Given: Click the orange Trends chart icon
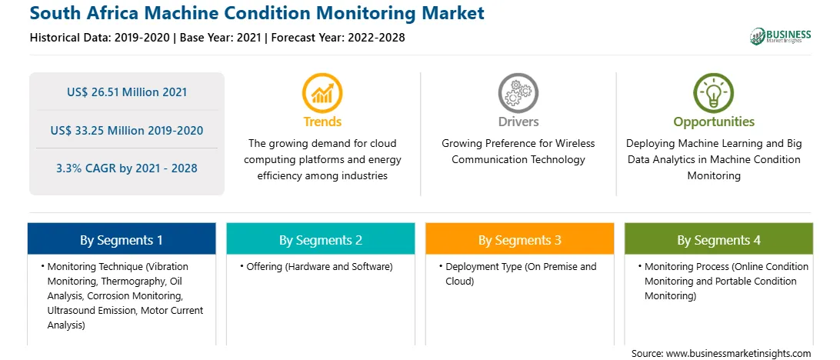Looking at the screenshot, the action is coord(322,93).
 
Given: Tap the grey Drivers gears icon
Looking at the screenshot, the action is coord(518,93).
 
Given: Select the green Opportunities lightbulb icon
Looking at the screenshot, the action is coord(714,93).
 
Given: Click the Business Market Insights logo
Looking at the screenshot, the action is coord(781,36).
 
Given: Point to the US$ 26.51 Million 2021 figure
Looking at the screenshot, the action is coord(127,92).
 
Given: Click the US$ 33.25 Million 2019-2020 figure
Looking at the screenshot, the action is coord(127,130).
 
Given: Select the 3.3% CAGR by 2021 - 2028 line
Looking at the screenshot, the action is coord(127,168).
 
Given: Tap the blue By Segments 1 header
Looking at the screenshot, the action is coord(122,239).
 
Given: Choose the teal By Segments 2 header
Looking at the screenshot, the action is coord(320,239).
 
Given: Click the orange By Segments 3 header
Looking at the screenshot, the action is coord(520,239).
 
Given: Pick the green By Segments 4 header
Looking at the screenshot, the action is coord(719,239).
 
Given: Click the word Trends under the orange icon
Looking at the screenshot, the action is coord(322,122).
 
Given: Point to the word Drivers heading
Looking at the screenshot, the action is coord(518,122).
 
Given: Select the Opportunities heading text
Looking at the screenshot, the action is coord(714,122).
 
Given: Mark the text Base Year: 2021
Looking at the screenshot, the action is coord(220,38).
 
